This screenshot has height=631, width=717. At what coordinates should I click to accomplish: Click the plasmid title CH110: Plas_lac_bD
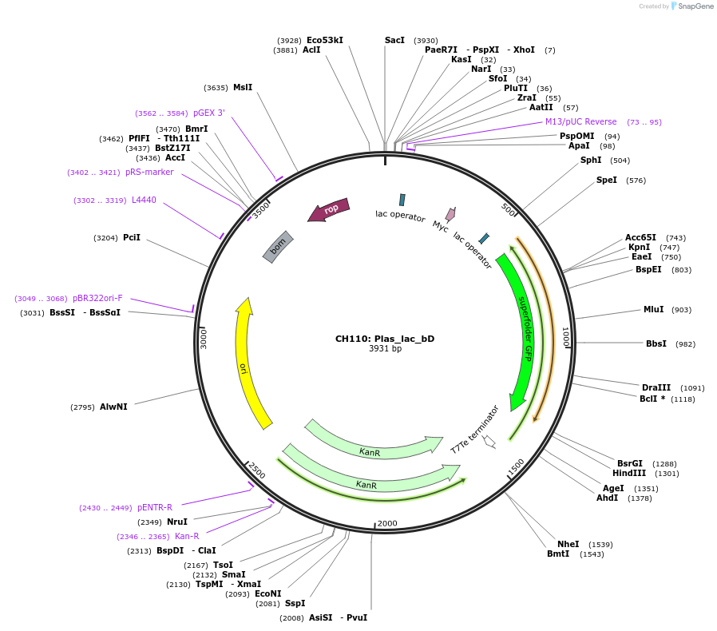click(384, 339)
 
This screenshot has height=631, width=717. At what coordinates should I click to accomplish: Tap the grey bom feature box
click(278, 247)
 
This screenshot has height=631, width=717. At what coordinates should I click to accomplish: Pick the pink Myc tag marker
click(451, 214)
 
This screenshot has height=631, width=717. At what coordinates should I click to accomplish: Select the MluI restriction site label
click(653, 310)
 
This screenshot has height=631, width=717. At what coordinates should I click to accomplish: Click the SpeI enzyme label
click(607, 181)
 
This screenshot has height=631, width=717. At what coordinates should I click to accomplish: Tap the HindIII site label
click(629, 474)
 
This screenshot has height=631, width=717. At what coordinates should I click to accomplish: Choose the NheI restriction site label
click(568, 545)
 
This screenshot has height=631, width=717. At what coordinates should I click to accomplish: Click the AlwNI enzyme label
click(113, 407)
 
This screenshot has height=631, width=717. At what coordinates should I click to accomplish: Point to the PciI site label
click(132, 238)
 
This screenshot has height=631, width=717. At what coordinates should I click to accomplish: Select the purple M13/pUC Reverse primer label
click(580, 122)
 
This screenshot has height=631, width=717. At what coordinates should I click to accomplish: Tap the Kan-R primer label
click(187, 537)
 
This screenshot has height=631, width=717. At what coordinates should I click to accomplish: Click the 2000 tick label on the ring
click(387, 523)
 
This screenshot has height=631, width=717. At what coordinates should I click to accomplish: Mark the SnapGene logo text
click(695, 6)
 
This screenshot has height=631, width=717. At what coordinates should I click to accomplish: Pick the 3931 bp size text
click(385, 349)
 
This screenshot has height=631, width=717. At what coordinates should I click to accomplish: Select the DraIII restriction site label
click(656, 388)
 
